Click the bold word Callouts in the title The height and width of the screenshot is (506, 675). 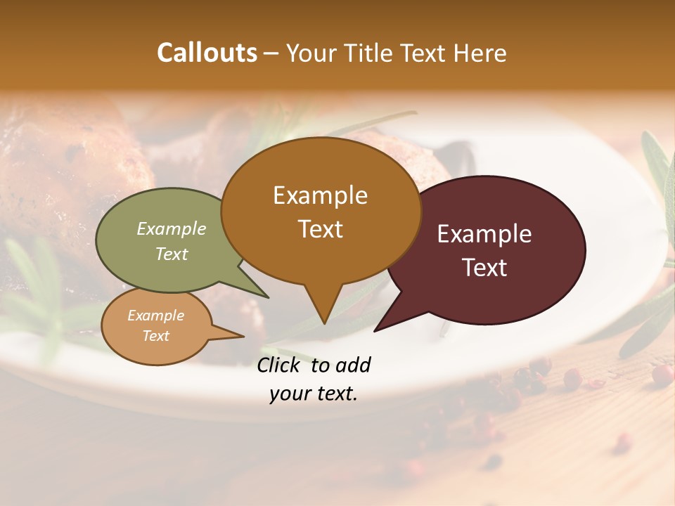(207, 53)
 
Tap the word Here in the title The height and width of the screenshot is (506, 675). (480, 53)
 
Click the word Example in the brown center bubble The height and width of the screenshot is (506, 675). (321, 195)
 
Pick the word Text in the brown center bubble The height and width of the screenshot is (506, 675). (321, 229)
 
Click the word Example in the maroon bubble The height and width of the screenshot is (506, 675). (484, 234)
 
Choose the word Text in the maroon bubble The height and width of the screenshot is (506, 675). (484, 268)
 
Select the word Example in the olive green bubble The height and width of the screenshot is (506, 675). (172, 229)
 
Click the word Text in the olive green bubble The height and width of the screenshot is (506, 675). (172, 254)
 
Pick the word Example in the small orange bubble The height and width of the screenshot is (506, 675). (155, 316)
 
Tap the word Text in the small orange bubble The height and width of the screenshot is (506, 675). (155, 336)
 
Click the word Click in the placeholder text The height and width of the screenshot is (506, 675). (280, 365)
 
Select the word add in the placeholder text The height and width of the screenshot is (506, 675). (353, 365)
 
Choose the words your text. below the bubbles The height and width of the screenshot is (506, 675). (314, 394)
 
